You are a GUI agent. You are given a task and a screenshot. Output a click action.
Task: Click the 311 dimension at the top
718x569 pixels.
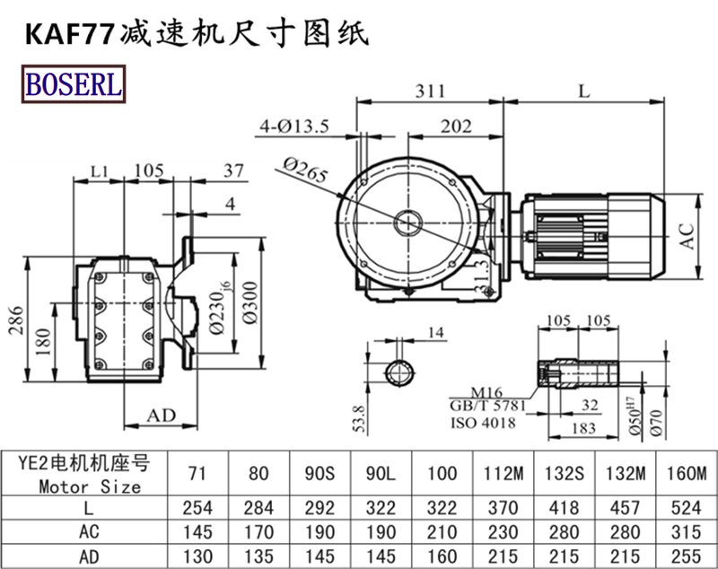pos(433,92)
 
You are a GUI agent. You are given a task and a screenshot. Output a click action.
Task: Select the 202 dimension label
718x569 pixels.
pos(456,127)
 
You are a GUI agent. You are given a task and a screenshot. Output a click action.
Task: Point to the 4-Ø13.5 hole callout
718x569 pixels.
pos(293,126)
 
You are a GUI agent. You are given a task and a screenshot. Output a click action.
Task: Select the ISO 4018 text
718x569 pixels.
pos(482,422)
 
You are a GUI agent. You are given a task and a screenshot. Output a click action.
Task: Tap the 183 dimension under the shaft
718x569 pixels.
pos(584,427)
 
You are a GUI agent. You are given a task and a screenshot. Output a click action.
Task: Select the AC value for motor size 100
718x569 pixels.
pos(442,531)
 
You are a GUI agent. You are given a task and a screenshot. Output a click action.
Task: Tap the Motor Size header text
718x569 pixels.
pos(90,487)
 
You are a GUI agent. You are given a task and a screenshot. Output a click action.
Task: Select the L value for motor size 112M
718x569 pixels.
pos(503,508)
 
